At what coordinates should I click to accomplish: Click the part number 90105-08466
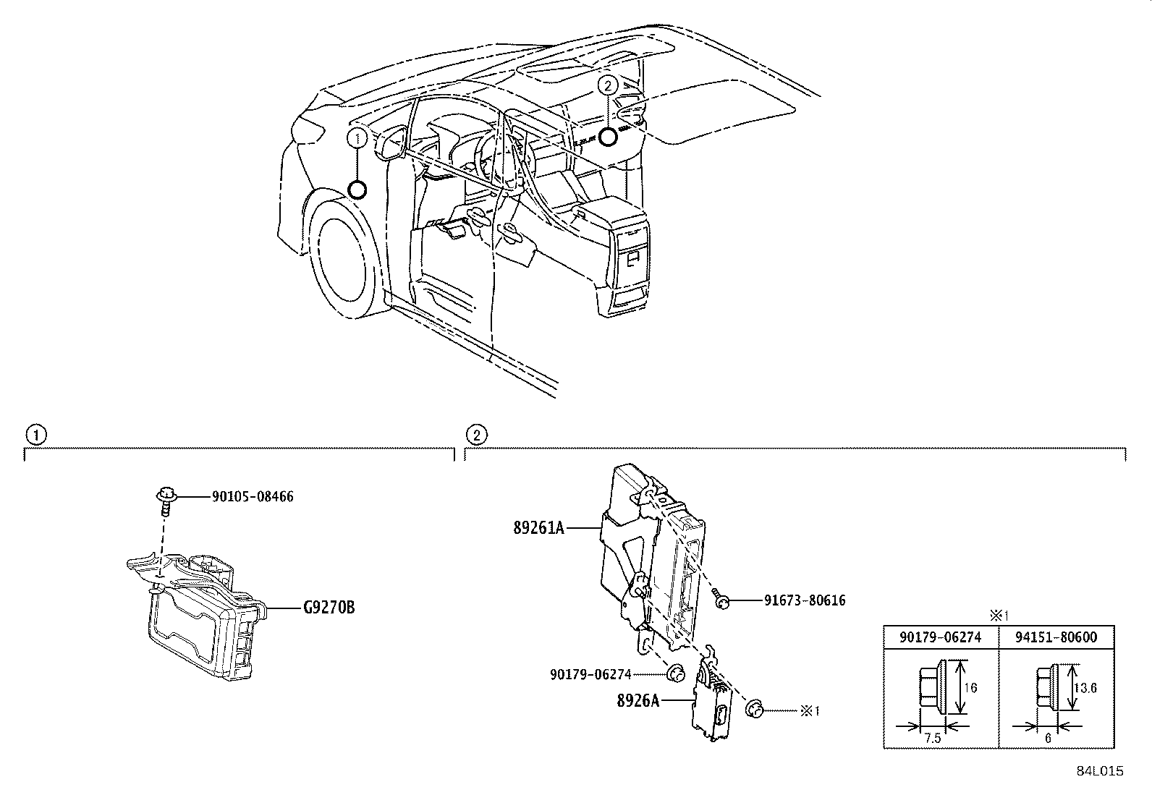point(253,497)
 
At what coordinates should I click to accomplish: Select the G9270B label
point(329,607)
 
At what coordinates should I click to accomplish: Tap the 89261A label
point(539,527)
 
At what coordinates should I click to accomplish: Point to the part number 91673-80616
point(804,600)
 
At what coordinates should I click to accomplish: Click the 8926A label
point(638,700)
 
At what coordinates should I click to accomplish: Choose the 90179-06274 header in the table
point(941,637)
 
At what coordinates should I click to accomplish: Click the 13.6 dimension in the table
point(1085,688)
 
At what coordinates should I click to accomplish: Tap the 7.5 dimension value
point(932,738)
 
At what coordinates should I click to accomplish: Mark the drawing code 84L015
point(1099,771)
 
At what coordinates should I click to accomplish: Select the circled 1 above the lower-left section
point(33,435)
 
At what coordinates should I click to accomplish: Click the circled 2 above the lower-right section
point(475,435)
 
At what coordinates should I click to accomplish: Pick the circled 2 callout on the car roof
point(608,85)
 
